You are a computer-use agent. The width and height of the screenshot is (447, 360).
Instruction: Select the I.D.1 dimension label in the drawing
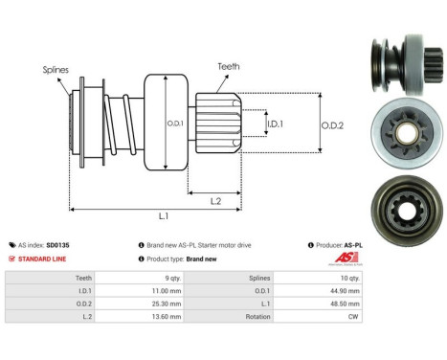point(275,124)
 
